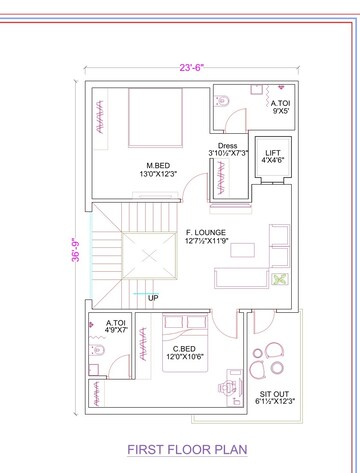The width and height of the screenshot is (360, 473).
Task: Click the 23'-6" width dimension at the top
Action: [x=191, y=68]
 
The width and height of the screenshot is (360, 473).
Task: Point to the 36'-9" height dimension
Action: [x=76, y=249]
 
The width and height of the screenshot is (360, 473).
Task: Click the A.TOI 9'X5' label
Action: [x=280, y=107]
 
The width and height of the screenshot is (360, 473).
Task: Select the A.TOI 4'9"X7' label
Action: [x=116, y=326]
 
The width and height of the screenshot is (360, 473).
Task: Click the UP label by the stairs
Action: [x=153, y=298]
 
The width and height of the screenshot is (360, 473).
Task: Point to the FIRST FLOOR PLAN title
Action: [x=187, y=449]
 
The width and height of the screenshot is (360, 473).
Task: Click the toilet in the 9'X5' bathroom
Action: [x=221, y=101]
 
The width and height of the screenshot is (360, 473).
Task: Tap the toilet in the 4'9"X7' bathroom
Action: [x=97, y=350]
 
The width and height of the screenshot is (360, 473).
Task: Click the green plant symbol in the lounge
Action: [x=279, y=279]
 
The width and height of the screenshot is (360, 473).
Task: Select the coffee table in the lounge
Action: [x=242, y=250]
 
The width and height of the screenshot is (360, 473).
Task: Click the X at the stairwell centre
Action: [x=149, y=256]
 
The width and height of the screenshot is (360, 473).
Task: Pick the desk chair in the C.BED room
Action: [x=224, y=387]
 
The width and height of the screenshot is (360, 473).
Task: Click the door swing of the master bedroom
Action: [x=190, y=188]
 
